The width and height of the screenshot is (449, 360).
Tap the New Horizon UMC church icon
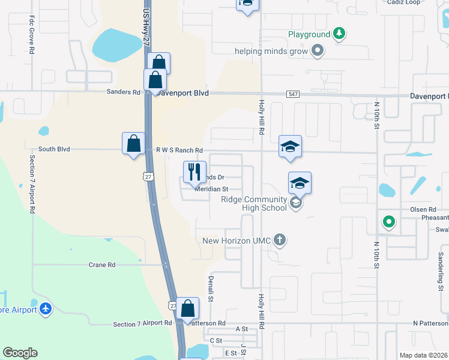pos(279,240)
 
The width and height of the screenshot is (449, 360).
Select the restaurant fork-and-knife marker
pos(194,172)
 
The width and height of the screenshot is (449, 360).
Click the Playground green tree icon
pos(339,33)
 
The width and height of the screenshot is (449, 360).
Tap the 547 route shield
pos(292,94)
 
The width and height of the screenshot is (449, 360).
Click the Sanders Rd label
pos(123,92)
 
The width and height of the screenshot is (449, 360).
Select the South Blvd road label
pos(54,149)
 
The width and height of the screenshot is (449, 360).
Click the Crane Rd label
pos(101,265)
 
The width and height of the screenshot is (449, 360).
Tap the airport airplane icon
pos(46,309)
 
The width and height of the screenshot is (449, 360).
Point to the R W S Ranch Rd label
pos(179,150)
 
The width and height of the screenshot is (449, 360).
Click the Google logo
pos(20,353)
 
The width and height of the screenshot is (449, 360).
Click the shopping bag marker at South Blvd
pos(133,143)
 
